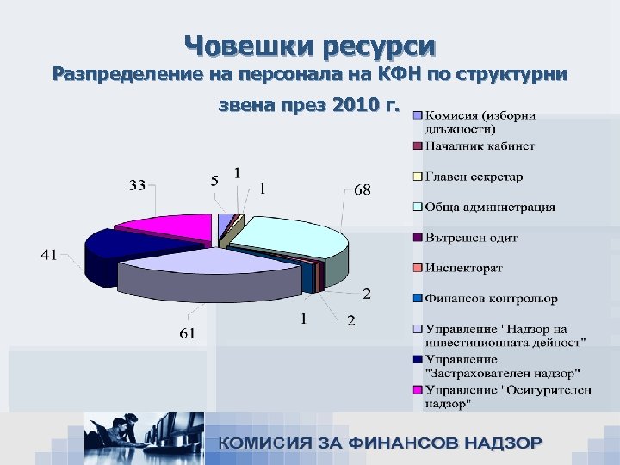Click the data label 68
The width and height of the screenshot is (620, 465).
coord(362,189)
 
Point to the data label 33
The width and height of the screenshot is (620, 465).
coord(138,185)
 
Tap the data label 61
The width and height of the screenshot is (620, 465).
coord(187,333)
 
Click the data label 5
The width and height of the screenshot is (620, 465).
coord(214,181)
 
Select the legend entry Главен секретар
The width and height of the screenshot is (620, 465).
coord(474,177)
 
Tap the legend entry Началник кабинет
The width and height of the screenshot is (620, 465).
coord(480,146)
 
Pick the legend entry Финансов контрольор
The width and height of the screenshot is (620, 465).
coord(491,298)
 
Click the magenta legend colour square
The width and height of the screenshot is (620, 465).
coord(418,390)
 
